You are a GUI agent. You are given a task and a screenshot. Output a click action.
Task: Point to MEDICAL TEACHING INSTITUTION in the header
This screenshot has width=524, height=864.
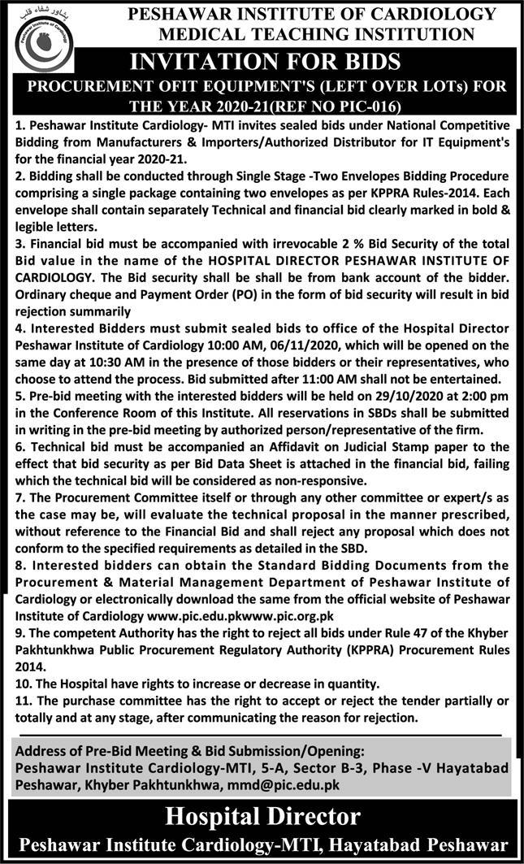click(x=317, y=33)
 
